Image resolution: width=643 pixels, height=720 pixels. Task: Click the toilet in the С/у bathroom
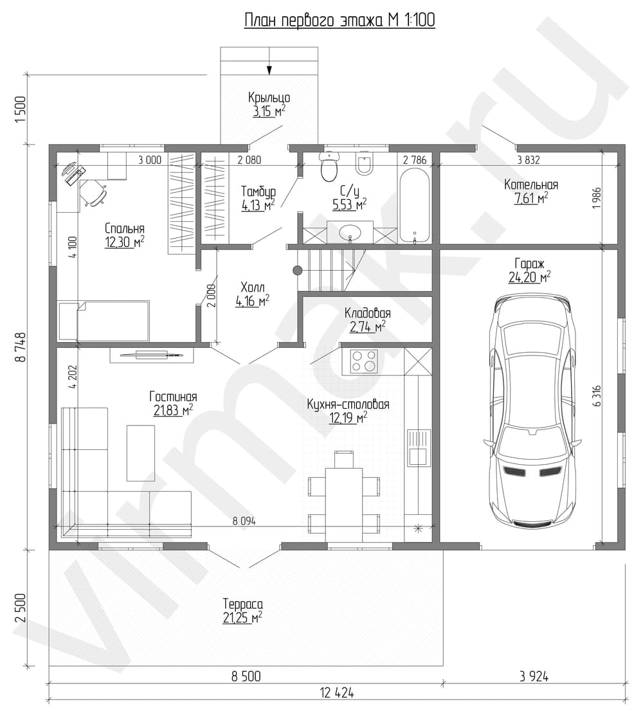click(329, 166)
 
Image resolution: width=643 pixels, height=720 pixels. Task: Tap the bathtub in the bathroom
click(414, 205)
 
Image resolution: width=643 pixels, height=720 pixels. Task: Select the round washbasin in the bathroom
click(350, 231)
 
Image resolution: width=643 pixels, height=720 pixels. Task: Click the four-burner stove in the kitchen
click(364, 361)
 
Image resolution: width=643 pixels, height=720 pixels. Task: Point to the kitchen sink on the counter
click(418, 447)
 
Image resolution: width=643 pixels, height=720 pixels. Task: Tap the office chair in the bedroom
click(94, 193)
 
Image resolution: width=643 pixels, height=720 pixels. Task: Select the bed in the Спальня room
click(104, 321)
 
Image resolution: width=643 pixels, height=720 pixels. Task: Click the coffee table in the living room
click(141, 453)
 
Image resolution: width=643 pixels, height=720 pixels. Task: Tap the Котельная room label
click(531, 184)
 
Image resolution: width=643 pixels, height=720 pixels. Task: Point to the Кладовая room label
click(367, 314)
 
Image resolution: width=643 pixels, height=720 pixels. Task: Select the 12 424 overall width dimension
click(338, 692)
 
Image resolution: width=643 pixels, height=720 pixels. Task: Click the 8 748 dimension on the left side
click(21, 347)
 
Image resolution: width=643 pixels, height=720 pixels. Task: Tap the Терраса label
click(243, 604)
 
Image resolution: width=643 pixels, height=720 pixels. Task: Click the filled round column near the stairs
click(298, 271)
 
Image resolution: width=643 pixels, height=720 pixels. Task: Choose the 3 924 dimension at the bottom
click(534, 676)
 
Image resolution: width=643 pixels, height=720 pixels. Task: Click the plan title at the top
click(340, 20)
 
